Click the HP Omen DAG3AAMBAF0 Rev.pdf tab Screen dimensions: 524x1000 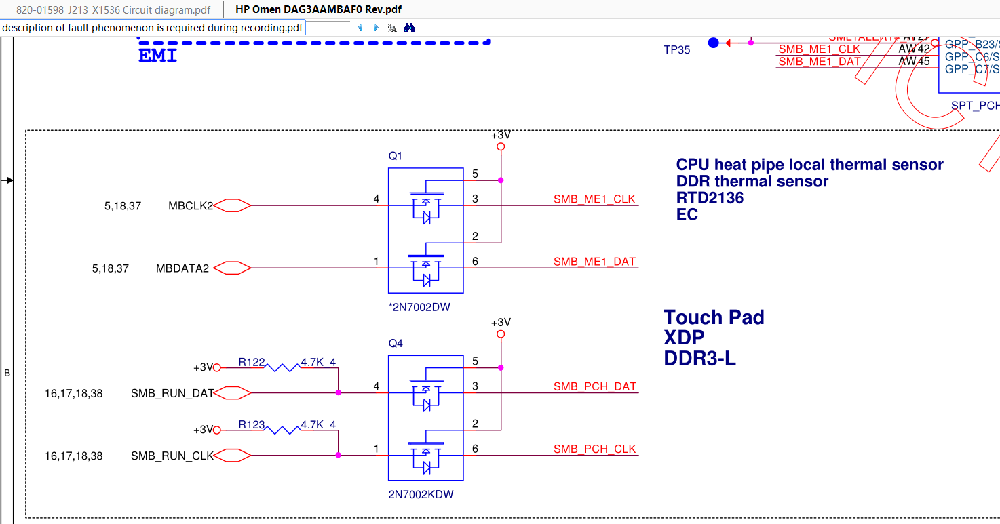318,10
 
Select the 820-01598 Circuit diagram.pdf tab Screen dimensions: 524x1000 113,10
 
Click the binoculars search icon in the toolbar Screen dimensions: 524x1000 409,28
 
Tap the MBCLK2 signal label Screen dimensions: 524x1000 191,205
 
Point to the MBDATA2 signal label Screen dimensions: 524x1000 182,268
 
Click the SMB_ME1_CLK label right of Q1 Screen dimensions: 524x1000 594,199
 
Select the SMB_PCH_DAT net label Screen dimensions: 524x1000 595,387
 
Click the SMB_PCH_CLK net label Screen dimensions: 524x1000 595,449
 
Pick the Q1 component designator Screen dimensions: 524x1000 396,156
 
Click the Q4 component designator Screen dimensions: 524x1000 396,344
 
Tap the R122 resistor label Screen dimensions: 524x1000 252,362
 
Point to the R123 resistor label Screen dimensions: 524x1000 252,425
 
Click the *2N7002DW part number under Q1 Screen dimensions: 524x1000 419,307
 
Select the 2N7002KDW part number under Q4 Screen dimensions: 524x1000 421,495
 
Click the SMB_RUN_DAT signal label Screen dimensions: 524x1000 172,393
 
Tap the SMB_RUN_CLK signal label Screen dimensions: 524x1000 172,456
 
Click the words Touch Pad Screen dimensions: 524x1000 714,317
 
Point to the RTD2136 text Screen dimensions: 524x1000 710,198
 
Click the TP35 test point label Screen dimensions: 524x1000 677,49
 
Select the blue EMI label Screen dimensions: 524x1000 157,56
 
